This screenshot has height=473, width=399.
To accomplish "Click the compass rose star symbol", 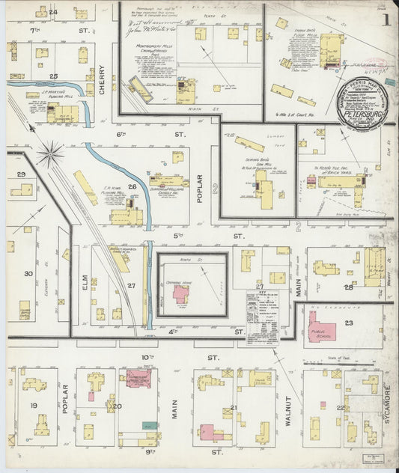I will [x=50, y=154].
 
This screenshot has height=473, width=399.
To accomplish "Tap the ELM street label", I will [x=85, y=282].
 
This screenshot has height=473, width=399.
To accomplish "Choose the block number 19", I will [x=34, y=405].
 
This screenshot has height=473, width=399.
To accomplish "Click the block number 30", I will [x=28, y=274].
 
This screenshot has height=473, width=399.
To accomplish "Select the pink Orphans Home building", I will [x=181, y=293].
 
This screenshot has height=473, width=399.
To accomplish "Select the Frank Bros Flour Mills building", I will [x=329, y=49].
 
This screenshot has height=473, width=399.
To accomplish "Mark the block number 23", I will [x=348, y=323].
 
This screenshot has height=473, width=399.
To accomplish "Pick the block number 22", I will [x=341, y=407].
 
